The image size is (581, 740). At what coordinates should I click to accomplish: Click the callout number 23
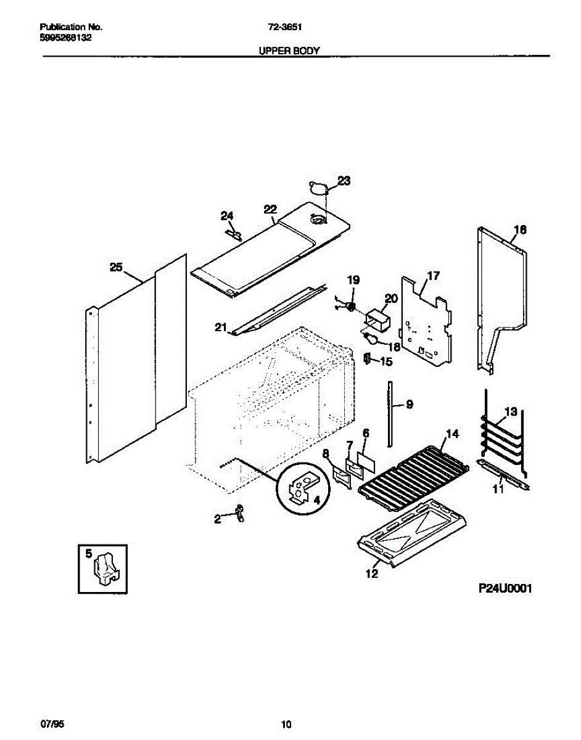pos(344,181)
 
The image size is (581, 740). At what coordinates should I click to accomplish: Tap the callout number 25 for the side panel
pos(116,268)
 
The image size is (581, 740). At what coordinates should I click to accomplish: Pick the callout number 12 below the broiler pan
pos(371,573)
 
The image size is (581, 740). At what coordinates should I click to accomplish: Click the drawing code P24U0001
pos(505,589)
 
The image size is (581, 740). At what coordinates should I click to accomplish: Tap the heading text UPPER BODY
pos(289,51)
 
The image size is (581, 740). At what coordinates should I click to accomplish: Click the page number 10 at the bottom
pos(286,724)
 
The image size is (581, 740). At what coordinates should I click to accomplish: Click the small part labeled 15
pos(368,359)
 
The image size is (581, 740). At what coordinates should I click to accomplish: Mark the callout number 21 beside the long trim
pos(221,327)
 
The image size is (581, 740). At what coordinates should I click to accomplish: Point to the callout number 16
pos(520,230)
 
